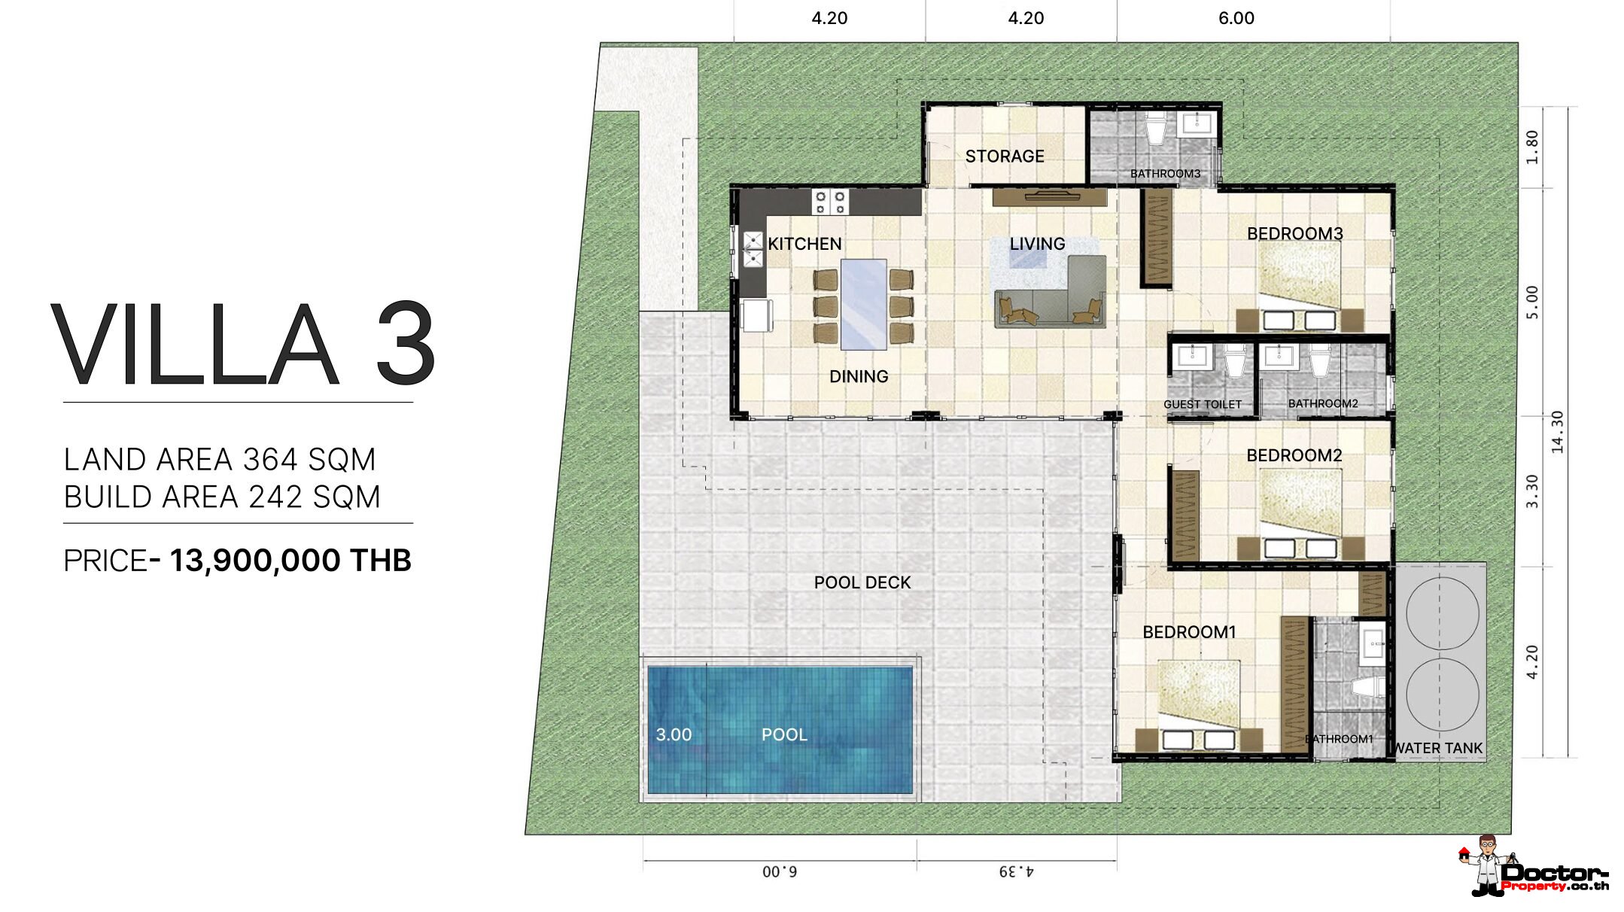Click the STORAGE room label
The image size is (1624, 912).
click(x=1005, y=157)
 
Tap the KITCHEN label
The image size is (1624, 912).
click(x=804, y=244)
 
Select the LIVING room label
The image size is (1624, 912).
click(x=1037, y=244)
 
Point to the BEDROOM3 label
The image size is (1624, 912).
click(x=1294, y=233)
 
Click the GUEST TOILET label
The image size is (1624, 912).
click(x=1203, y=404)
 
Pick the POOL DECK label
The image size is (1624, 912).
click(x=862, y=582)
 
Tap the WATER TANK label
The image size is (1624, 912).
click(x=1437, y=748)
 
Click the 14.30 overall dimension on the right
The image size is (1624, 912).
click(x=1557, y=432)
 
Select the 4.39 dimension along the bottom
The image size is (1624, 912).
click(x=1017, y=871)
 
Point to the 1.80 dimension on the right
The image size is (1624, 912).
click(x=1532, y=147)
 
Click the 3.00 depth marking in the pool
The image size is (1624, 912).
click(x=674, y=734)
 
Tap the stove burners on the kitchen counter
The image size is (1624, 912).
click(x=830, y=202)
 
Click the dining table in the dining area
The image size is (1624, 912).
click(x=863, y=304)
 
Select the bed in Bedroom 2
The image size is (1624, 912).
click(x=1301, y=503)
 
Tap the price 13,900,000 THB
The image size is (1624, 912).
click(x=290, y=561)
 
